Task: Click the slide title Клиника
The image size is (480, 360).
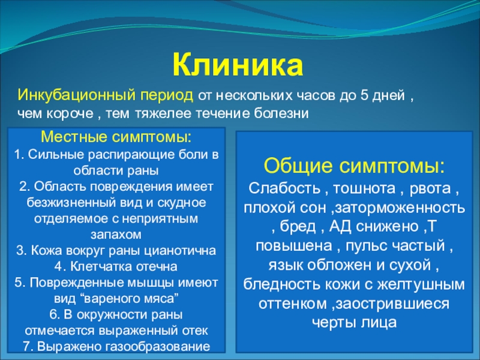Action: (238, 66)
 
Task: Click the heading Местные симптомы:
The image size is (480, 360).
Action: (116, 137)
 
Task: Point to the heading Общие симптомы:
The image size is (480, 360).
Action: (354, 166)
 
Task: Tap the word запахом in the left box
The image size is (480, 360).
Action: (116, 235)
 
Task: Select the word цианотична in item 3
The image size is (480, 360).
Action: (181, 251)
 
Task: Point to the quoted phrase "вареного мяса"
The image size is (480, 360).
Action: (131, 298)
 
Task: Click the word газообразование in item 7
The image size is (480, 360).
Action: (158, 347)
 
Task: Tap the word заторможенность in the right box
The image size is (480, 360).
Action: (400, 208)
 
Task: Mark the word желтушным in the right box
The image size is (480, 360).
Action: (422, 284)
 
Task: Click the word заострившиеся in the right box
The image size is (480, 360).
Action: (392, 304)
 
